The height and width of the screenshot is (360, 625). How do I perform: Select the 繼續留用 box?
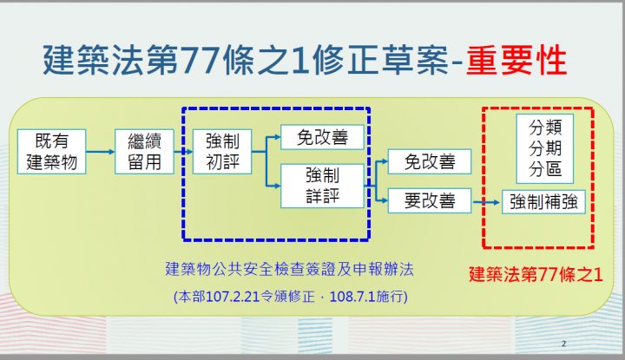[x=144, y=151]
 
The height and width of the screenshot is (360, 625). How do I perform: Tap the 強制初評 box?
[x=222, y=151]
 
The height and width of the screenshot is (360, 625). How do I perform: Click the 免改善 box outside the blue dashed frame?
[x=430, y=161]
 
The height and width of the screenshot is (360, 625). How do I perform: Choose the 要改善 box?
[x=430, y=201]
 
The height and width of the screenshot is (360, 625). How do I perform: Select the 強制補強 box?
[x=547, y=202]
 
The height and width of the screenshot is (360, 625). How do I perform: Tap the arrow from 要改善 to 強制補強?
[x=488, y=202]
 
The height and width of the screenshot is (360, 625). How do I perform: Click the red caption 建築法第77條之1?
[x=535, y=274]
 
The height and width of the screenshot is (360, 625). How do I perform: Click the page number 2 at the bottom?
[x=563, y=342]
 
